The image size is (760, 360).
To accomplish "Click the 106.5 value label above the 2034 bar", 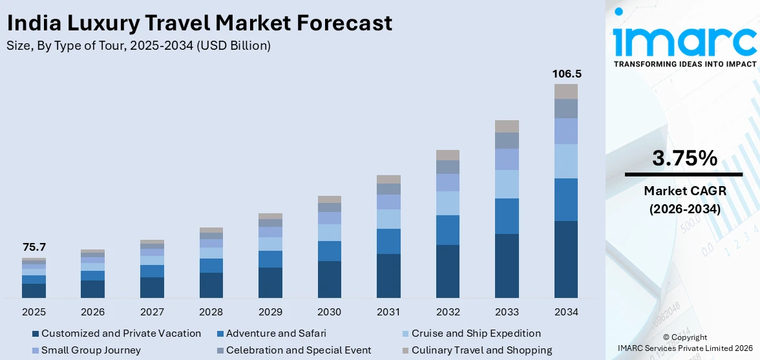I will tap(565, 74).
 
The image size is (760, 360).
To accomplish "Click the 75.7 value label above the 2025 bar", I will tap(34, 248).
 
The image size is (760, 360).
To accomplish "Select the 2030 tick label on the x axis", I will tap(329, 312).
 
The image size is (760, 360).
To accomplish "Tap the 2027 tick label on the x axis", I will tap(152, 312).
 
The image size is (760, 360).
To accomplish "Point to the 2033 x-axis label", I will tap(507, 312).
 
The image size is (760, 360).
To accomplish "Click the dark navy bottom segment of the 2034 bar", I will tap(565, 259).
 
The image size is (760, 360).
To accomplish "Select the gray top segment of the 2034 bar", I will tap(565, 91).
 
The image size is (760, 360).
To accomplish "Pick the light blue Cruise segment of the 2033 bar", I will tap(507, 184).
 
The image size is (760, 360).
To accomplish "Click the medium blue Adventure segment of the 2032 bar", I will tap(447, 230).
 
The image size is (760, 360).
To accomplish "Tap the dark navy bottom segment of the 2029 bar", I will tap(270, 282).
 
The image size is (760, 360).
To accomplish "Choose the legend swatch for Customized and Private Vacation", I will tap(36, 334).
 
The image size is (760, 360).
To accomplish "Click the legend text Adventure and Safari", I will tap(276, 334).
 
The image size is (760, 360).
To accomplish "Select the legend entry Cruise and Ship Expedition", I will tap(476, 334).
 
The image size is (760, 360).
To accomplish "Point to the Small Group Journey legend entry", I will tap(90, 350).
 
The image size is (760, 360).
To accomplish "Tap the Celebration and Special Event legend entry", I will tap(299, 350).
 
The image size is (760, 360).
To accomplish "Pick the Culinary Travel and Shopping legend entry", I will tap(481, 350).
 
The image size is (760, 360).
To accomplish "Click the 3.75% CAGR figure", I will tap(684, 158).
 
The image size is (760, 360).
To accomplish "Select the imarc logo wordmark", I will tap(684, 40).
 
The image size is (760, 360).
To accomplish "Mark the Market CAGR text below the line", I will tap(684, 191).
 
